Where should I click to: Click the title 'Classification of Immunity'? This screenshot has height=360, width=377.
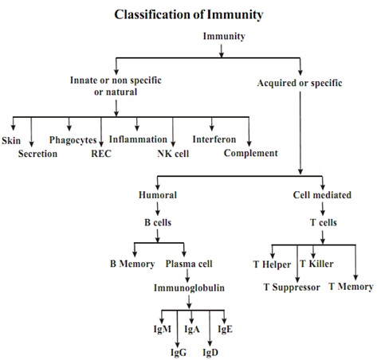189,14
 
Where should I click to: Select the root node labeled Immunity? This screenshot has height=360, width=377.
224,37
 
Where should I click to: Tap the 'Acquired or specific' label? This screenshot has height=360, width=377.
300,83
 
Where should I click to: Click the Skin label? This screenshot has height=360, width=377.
11,140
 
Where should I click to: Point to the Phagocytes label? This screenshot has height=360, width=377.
73,140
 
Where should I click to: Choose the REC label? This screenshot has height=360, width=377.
101,154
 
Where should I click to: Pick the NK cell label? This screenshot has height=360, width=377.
173,154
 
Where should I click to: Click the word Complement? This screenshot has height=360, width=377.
251,153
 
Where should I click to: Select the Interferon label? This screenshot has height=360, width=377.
214,139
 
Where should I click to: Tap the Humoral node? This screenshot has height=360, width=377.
158,195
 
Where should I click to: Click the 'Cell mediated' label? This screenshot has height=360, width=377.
322,195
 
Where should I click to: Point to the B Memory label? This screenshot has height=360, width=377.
132,264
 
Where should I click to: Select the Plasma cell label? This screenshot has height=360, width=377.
189,264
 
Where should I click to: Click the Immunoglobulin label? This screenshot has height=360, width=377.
189,288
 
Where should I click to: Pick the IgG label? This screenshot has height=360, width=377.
179,353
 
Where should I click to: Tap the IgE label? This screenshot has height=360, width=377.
225,329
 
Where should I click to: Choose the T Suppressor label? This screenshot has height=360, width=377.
292,288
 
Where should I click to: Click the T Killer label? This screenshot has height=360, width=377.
316,264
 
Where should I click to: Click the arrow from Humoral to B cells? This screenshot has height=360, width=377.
158,209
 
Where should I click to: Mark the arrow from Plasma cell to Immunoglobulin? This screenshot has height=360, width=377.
187,276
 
